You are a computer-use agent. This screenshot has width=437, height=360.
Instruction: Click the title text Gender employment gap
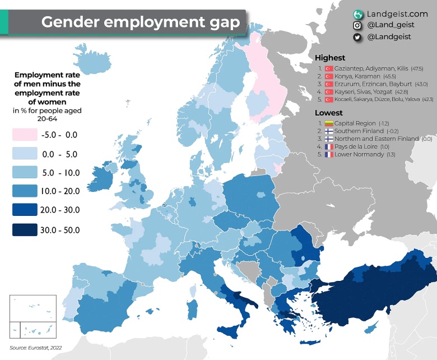[x=140, y=22]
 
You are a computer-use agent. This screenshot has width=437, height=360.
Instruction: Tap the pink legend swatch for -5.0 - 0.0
[x=25, y=135]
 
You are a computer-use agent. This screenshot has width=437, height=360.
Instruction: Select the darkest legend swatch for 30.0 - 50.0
[x=25, y=229]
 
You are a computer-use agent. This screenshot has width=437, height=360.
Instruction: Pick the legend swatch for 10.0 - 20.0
[x=25, y=191]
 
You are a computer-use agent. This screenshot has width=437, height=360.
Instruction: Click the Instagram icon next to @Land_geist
[x=357, y=25]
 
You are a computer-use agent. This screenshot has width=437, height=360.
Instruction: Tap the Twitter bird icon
[x=357, y=37]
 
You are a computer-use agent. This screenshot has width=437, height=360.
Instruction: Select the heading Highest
[x=330, y=57]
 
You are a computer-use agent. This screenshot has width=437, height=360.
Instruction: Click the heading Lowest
[x=329, y=113]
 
